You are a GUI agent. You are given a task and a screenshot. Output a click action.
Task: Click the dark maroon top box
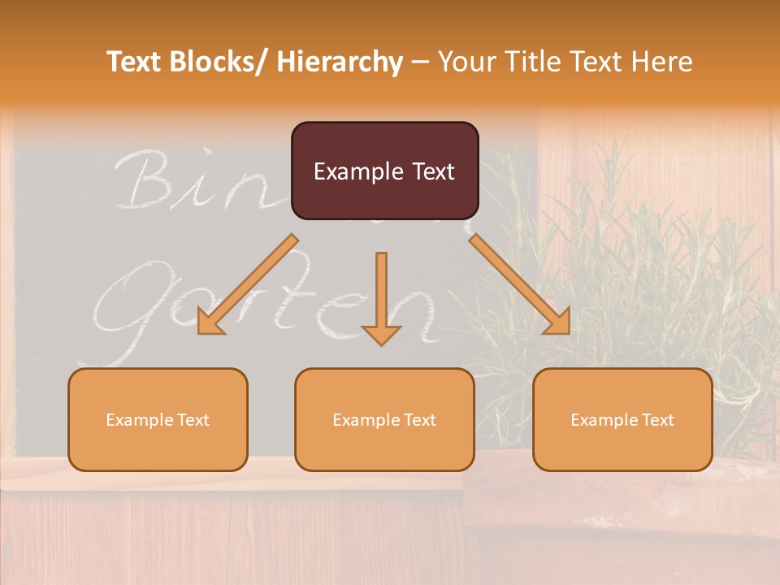[x=384, y=171]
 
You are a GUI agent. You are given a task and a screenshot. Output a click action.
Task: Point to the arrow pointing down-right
[x=520, y=284]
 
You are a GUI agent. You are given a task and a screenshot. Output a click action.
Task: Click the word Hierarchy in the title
[x=340, y=62]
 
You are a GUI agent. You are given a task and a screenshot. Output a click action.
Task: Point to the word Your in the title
[x=466, y=62]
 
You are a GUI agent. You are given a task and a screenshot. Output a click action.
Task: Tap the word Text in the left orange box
[x=192, y=420]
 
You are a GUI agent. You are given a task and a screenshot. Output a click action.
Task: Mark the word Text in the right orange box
[x=656, y=420]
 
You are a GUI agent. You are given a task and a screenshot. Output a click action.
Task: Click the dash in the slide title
[x=420, y=63]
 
